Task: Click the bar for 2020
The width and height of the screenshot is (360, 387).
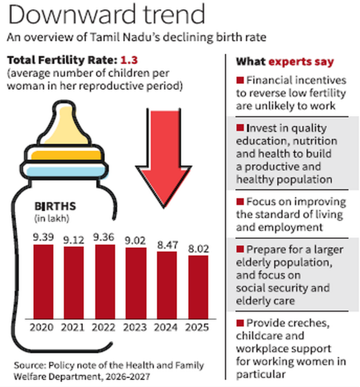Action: click(x=43, y=282)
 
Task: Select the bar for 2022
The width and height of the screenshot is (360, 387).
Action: click(x=105, y=282)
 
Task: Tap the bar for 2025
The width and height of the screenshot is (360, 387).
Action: click(x=198, y=287)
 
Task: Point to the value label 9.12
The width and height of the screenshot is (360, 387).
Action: click(x=73, y=240)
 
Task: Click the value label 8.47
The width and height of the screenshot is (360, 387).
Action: click(x=168, y=245)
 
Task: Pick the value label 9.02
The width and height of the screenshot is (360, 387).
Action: click(x=135, y=240)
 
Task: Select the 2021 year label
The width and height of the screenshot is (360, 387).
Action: click(x=73, y=327)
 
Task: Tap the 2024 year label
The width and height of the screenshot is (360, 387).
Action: click(x=165, y=327)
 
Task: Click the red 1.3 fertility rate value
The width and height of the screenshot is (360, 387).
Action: click(x=129, y=60)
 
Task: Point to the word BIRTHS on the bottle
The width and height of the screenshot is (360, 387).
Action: click(x=55, y=206)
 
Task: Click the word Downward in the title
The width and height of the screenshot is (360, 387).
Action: click(x=72, y=14)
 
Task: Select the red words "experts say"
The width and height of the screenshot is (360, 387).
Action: click(x=301, y=62)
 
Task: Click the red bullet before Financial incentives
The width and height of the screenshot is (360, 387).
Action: click(x=240, y=80)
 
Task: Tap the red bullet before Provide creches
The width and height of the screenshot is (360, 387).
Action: click(x=240, y=323)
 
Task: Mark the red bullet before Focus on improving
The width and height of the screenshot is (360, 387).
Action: click(x=240, y=202)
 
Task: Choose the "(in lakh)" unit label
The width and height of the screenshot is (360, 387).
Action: click(x=52, y=219)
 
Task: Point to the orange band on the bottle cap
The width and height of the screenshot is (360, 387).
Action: click(x=66, y=155)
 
